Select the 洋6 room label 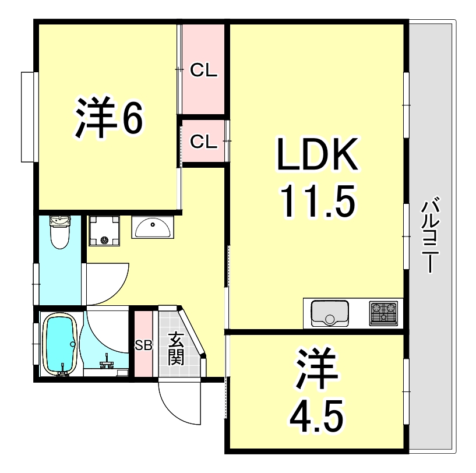click(108, 118)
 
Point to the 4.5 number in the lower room click(315, 415)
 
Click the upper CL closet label click(204, 71)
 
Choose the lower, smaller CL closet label click(204, 141)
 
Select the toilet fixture click(60, 232)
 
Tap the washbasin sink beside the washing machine click(153, 227)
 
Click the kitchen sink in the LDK click(330, 313)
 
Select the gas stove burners click(383, 313)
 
